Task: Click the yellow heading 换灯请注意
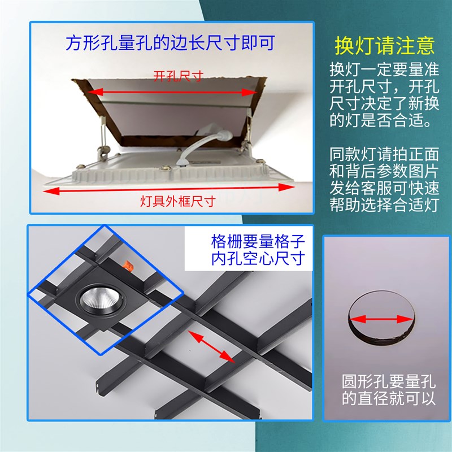pyautogui.click(x=384, y=45)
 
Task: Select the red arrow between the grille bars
pyautogui.click(x=211, y=346)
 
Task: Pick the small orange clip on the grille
pyautogui.click(x=128, y=264)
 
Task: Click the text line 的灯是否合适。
pyautogui.click(x=384, y=120)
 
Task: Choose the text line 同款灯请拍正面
pyautogui.click(x=384, y=153)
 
